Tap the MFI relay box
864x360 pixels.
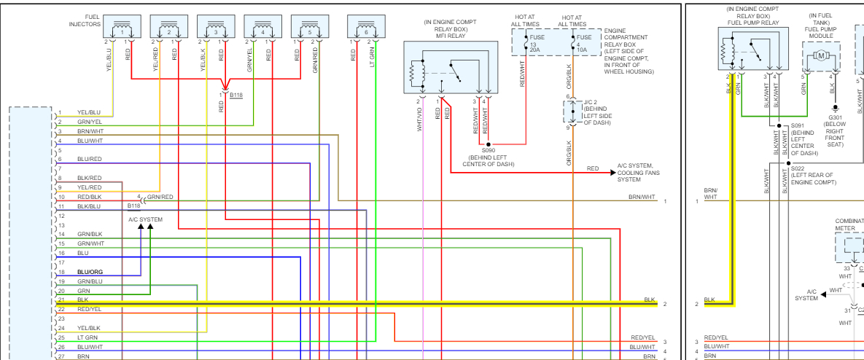(x=451, y=67)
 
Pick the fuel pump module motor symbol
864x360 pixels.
(x=820, y=55)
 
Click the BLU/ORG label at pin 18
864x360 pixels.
(x=90, y=272)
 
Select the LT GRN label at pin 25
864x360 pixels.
(x=88, y=337)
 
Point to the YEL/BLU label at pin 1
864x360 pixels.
(x=89, y=112)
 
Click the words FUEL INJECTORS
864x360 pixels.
(x=84, y=20)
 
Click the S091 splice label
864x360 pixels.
(x=803, y=125)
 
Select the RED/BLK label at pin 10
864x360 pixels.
(x=90, y=197)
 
